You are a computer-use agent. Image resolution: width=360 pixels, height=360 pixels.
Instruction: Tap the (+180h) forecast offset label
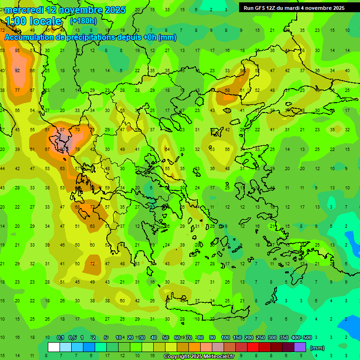[83, 21]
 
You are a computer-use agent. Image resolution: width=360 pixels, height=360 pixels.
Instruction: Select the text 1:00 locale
[33, 22]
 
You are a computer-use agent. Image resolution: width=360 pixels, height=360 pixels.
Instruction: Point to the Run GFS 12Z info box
[294, 8]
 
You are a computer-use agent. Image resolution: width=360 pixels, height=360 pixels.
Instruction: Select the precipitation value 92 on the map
[17, 71]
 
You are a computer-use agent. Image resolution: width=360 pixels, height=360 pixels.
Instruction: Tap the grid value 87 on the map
[62, 129]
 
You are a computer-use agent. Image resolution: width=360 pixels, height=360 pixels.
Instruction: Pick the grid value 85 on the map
[17, 51]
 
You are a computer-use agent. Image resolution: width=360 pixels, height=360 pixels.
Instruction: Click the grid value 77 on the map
[17, 90]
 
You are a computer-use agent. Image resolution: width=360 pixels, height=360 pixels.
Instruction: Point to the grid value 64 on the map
[167, 149]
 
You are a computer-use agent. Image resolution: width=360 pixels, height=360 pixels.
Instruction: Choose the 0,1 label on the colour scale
[60, 337]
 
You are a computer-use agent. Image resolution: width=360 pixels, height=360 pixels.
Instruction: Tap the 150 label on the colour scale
[237, 337]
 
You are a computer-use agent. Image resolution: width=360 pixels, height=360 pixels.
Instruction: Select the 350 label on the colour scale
[284, 337]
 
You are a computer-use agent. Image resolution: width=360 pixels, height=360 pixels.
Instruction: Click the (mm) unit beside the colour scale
[317, 348]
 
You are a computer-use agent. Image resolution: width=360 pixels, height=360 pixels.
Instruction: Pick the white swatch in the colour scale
[54, 347]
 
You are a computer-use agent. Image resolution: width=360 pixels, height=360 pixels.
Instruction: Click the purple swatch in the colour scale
[300, 347]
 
